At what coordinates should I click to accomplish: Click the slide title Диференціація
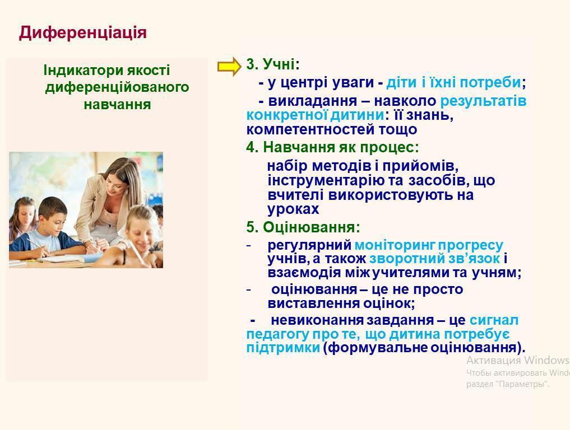pos(83,32)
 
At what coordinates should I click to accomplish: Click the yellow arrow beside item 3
pos(229,67)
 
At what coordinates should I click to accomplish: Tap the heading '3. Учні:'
pos(273,64)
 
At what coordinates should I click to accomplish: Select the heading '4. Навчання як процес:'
pos(332,147)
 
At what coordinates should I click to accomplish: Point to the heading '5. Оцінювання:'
pos(303,227)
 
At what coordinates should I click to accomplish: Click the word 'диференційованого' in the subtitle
pos(117,87)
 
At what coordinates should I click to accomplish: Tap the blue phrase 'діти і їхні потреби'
pos(453,82)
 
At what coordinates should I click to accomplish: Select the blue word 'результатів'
pos(484,101)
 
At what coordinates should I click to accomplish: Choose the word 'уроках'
pos(293,209)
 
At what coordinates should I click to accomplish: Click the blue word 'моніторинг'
pos(395,245)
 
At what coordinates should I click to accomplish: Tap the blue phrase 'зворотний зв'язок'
pos(435,259)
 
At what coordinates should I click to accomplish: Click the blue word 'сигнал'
pos(494,320)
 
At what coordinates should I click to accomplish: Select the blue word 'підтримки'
pos(283,348)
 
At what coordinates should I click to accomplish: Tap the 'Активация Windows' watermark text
pos(518,360)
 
